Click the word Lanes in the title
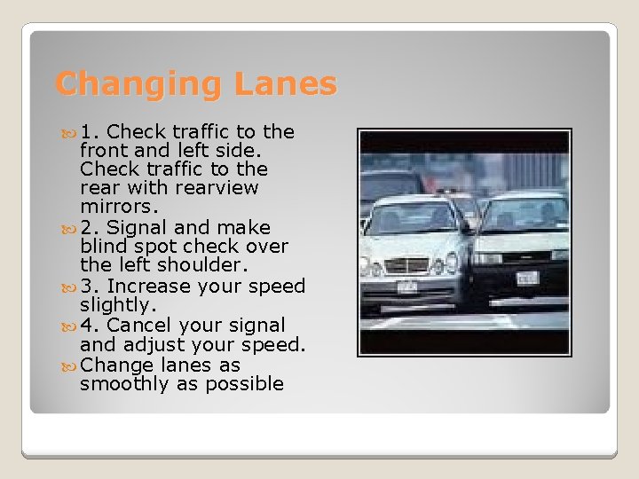tap(286, 84)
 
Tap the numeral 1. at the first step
tap(90, 132)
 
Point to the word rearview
tap(214, 188)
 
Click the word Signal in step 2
tap(134, 227)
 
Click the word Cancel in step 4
tap(141, 325)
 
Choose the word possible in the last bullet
tap(246, 384)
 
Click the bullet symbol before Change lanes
tap(70, 365)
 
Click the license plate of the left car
tap(406, 286)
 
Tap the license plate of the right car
tap(528, 277)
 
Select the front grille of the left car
tap(406, 263)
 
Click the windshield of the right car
tap(524, 214)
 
